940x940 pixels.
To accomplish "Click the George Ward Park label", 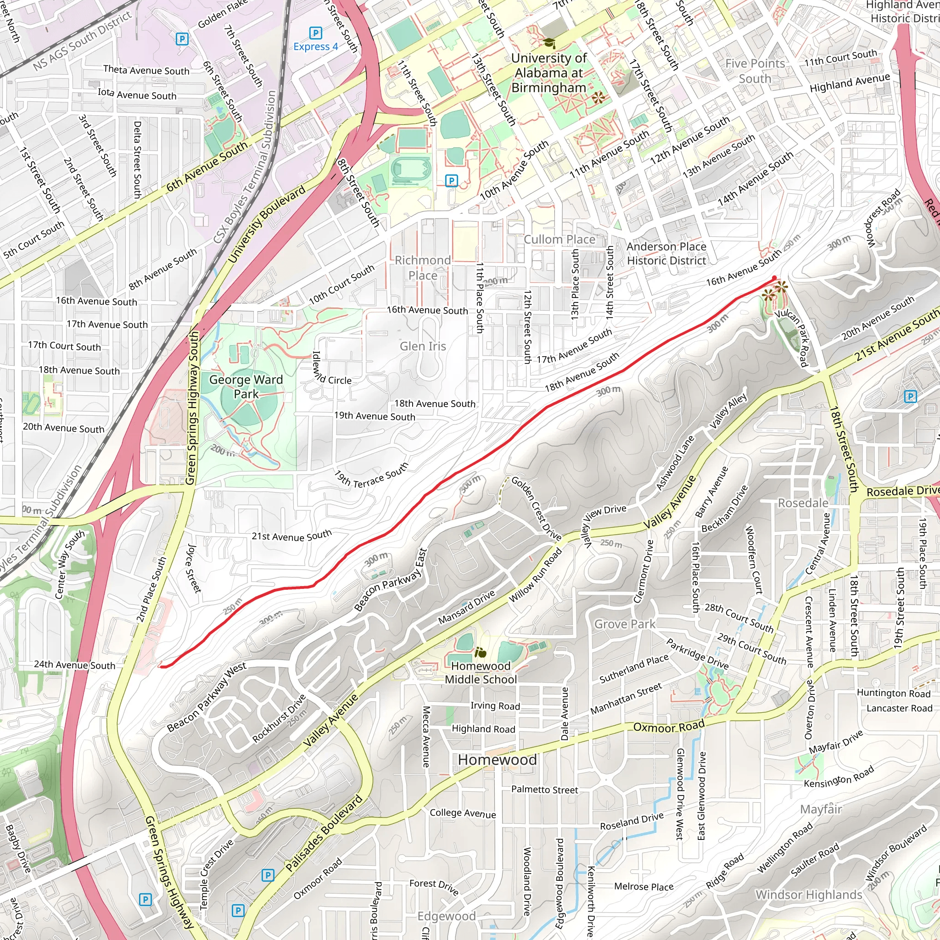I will pos(246,387).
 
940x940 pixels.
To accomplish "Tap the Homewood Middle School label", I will pos(481,672).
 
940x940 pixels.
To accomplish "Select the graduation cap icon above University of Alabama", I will pos(548,43).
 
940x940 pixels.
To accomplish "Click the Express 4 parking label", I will pos(315,47).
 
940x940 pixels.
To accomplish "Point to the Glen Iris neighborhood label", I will pos(423,347).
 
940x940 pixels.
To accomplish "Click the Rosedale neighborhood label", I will pos(803,503).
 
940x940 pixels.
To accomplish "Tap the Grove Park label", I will pos(625,624).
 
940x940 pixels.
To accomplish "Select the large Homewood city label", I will pos(497,760).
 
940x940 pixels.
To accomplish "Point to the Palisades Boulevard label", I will pos(324,833).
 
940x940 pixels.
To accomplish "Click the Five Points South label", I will pos(755,71).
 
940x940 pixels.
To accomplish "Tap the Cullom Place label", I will pos(560,240).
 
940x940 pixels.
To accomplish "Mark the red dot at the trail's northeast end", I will pos(775,278).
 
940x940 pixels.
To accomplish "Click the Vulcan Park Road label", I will pos(792,337).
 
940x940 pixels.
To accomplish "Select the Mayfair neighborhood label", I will pos(821,809).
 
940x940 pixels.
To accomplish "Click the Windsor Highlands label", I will pos(809,894).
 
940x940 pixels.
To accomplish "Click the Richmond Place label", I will pos(422,268).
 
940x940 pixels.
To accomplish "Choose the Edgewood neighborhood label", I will pos(446,916).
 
